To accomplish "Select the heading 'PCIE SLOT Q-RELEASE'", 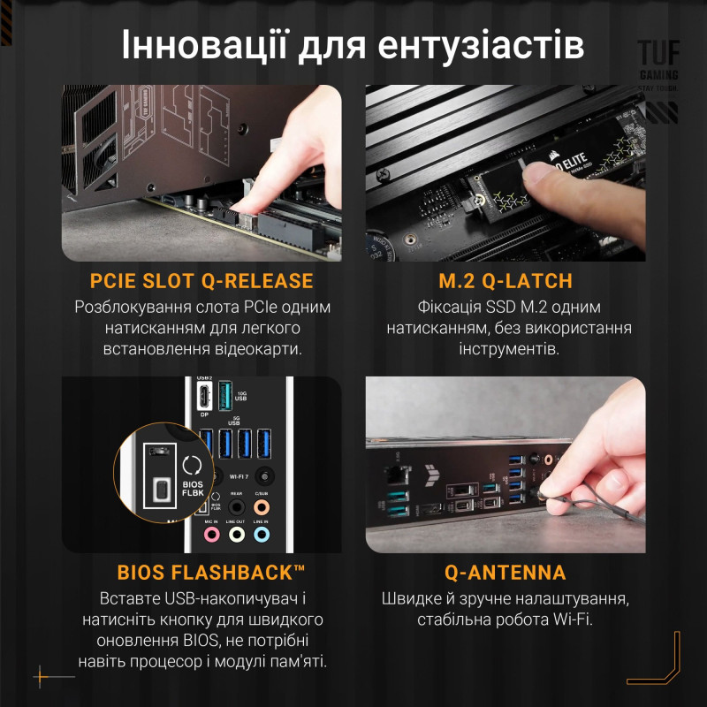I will (x=201, y=281).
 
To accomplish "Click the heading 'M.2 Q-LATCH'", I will (x=506, y=281).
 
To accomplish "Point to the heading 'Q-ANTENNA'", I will (x=506, y=572).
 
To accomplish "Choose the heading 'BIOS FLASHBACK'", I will (x=201, y=572).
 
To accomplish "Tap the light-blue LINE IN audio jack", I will (x=261, y=535).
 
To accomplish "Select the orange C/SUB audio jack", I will (x=261, y=507).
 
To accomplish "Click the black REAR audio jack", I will (x=236, y=507).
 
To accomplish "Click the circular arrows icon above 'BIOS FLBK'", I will (x=191, y=463).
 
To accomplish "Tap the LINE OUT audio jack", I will (x=236, y=535).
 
